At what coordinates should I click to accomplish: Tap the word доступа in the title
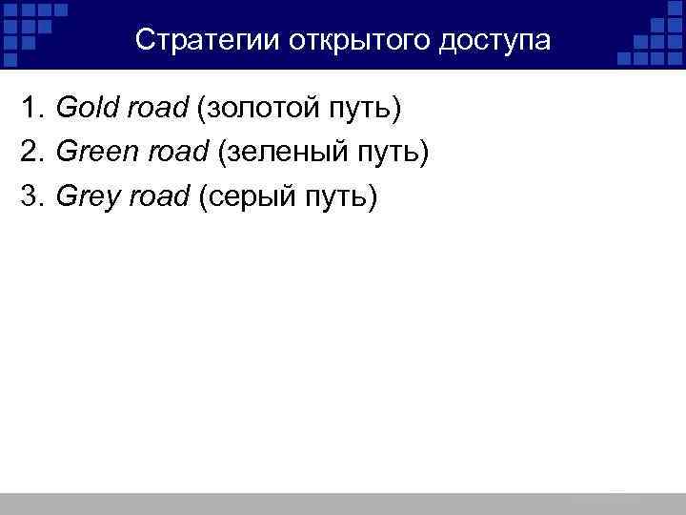pos(495,40)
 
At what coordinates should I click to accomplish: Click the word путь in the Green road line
pos(389,152)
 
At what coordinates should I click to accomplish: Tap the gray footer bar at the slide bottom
pos(343,504)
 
